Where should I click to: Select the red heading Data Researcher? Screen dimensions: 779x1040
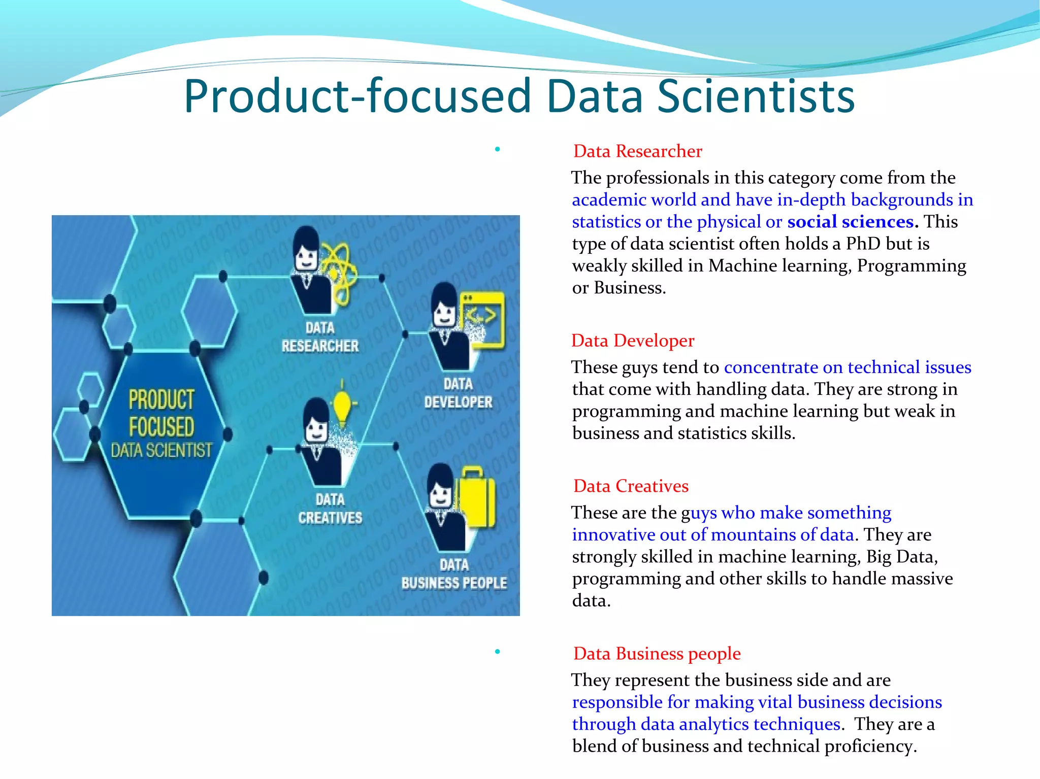point(637,151)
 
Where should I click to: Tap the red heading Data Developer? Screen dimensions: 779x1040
point(633,341)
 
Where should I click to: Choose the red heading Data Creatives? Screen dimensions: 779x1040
point(631,486)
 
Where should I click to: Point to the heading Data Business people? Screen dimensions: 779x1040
point(657,654)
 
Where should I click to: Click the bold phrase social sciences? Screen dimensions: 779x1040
point(852,222)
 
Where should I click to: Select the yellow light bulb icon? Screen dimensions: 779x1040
point(342,406)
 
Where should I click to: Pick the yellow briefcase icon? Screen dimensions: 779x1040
point(474,500)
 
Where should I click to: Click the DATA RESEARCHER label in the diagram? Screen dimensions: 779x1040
point(320,337)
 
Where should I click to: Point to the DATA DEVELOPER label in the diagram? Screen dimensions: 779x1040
point(458,393)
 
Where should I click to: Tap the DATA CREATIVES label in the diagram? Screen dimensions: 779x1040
point(330,509)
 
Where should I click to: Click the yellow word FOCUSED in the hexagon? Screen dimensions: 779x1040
point(161,427)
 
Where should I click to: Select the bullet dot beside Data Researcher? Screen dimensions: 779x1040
point(498,149)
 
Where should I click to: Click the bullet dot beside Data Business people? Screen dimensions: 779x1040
point(498,652)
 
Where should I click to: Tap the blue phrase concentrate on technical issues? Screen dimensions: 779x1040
point(847,367)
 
